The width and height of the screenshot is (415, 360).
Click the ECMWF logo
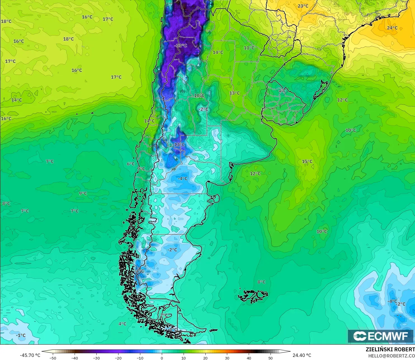pyautogui.click(x=381, y=336)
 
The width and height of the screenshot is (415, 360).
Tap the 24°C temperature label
pyautogui.click(x=392, y=28)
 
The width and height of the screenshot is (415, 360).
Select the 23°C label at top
pyautogui.click(x=303, y=6)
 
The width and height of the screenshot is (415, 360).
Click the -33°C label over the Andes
pyautogui.click(x=181, y=46)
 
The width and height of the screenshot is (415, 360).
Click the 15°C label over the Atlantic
pyautogui.click(x=307, y=161)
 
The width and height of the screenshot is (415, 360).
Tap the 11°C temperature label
pyautogui.click(x=249, y=48)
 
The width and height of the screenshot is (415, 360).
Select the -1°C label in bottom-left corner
pyautogui.click(x=21, y=335)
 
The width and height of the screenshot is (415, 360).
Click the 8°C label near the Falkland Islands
pyautogui.click(x=261, y=282)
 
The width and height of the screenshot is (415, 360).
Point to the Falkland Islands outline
pyautogui.click(x=253, y=296)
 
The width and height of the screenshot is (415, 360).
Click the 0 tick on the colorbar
pyautogui.click(x=162, y=358)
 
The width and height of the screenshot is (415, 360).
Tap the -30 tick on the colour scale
pyautogui.click(x=96, y=358)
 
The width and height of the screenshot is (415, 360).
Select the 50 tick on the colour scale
pyautogui.click(x=271, y=358)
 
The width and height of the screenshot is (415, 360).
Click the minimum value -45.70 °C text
pyautogui.click(x=30, y=355)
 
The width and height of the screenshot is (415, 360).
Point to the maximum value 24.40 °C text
pyautogui.click(x=302, y=355)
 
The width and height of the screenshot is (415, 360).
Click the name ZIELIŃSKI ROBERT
pyautogui.click(x=390, y=349)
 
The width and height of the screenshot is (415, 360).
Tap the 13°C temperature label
pyautogui.click(x=234, y=93)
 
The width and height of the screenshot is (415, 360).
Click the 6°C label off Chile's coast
pyautogui.click(x=131, y=164)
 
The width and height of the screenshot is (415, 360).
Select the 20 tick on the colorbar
pyautogui.click(x=205, y=358)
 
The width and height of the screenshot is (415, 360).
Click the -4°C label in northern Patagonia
pyautogui.click(x=183, y=178)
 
